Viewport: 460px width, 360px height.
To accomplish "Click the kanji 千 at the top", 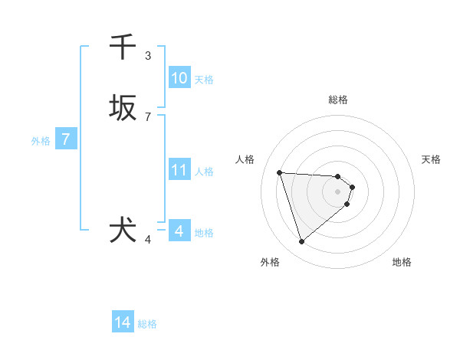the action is click(123, 47).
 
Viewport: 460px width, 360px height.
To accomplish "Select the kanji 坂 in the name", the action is click(123, 108).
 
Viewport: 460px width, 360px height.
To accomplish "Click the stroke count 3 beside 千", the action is click(148, 56).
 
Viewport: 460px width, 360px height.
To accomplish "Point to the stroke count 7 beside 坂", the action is click(148, 117).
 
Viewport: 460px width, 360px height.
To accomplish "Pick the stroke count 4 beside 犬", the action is click(148, 240).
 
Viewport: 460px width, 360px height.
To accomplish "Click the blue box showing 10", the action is click(179, 78).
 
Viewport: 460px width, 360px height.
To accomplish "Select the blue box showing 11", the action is click(179, 170).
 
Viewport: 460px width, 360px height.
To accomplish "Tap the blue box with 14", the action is click(123, 323).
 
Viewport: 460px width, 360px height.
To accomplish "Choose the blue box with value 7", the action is click(66, 139).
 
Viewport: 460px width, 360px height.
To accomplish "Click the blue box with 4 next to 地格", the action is click(179, 231).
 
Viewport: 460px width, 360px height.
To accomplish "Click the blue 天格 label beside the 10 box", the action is click(204, 80).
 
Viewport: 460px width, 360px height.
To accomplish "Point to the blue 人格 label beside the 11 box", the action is click(204, 172).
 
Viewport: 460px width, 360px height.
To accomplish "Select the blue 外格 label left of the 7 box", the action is click(41, 141).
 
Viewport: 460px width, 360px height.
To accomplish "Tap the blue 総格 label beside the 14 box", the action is click(147, 325).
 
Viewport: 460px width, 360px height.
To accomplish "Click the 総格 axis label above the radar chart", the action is click(338, 100).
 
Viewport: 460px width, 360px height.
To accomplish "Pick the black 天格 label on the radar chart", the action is click(432, 159).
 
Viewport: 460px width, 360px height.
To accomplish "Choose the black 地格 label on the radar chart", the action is click(402, 262).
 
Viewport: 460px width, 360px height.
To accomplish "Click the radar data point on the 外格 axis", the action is click(301, 242).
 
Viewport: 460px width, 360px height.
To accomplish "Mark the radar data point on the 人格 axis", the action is click(279, 172).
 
